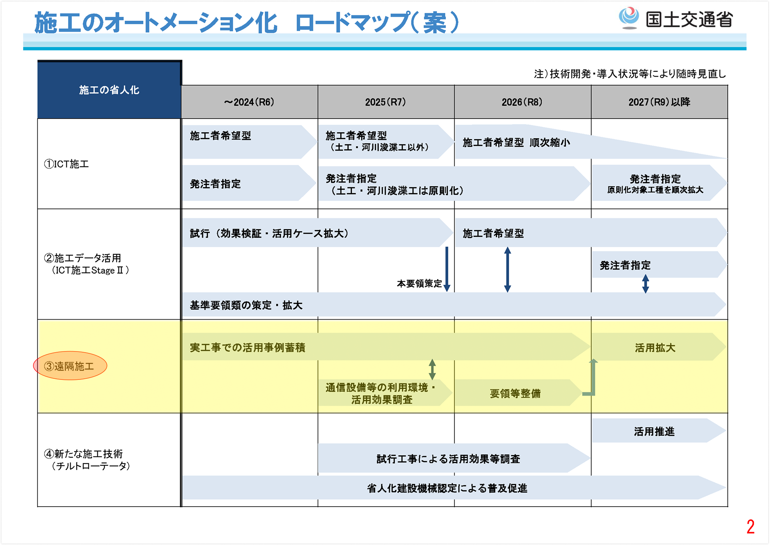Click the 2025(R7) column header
386,102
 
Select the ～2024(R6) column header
249,102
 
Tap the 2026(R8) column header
522,102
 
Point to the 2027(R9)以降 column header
659,102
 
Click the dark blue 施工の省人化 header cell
109,90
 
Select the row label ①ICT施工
67,164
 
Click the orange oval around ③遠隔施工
70,366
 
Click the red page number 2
750,527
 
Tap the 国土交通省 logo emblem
628,18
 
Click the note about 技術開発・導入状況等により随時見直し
630,74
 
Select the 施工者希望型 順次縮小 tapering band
516,143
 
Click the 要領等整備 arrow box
515,393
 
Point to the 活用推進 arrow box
654,431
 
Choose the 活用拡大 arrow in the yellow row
655,348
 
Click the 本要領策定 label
419,284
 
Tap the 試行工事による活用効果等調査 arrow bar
448,459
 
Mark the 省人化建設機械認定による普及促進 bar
447,488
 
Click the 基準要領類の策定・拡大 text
246,305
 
